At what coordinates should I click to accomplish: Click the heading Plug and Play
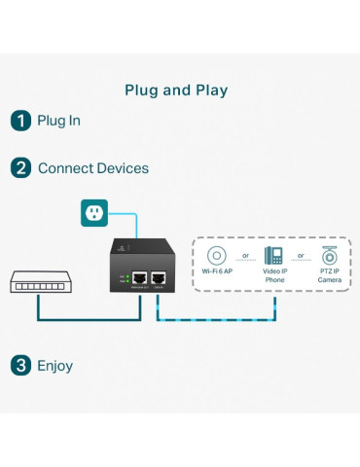(x=176, y=90)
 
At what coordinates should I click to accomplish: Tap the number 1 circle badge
(x=20, y=122)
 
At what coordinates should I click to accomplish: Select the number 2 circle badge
(x=20, y=168)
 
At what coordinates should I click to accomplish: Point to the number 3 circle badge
(x=20, y=366)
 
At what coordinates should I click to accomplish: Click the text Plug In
(x=58, y=122)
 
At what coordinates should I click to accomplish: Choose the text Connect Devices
(x=93, y=168)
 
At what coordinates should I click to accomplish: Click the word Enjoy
(x=55, y=366)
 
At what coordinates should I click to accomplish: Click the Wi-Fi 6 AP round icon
(x=216, y=257)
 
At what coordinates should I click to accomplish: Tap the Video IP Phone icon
(x=273, y=257)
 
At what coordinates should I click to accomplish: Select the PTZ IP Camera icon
(x=331, y=257)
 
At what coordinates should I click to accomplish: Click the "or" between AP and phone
(x=245, y=257)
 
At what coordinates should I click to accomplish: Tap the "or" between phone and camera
(x=302, y=257)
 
